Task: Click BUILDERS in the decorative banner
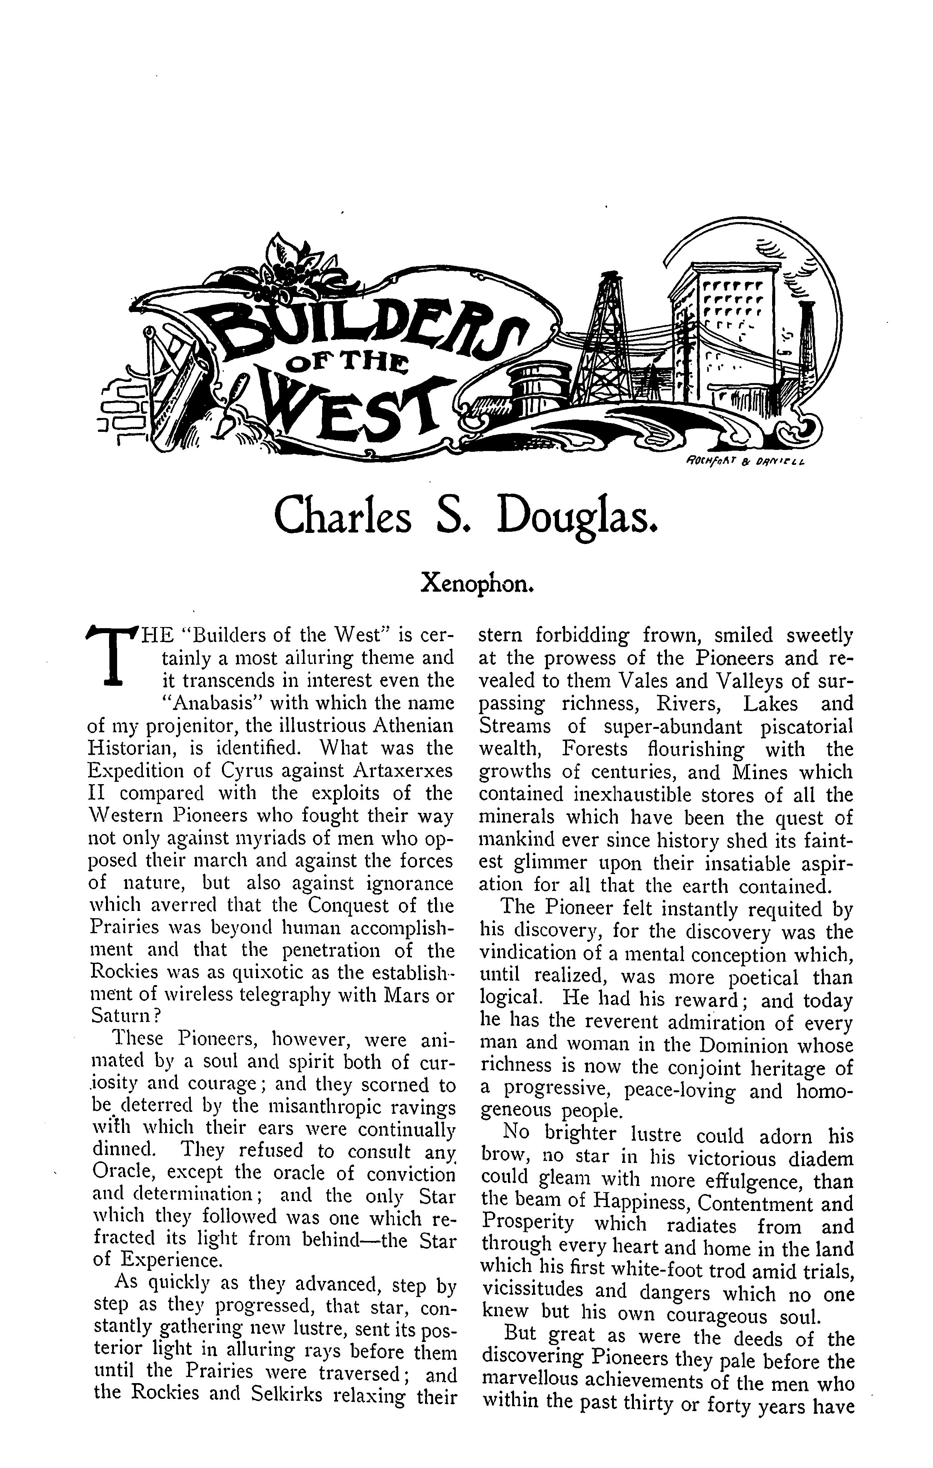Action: (359, 329)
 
